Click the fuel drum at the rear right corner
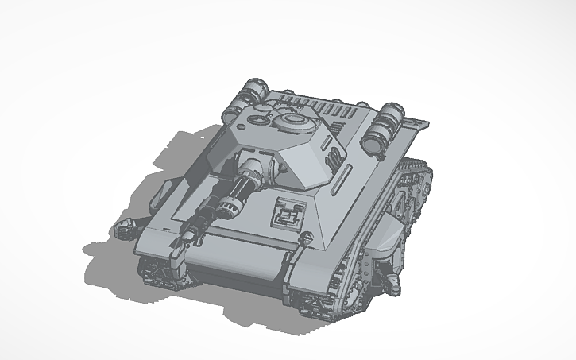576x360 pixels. [x=385, y=123]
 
